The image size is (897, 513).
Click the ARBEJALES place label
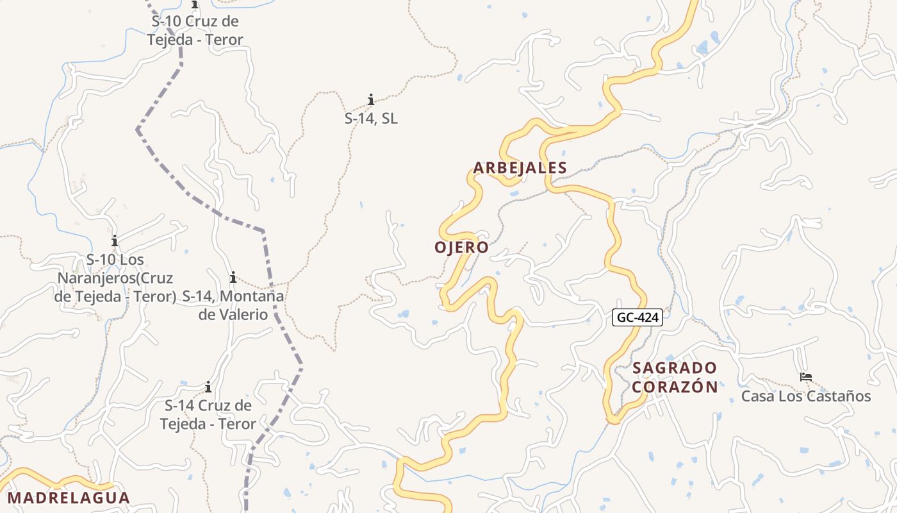coord(520,168)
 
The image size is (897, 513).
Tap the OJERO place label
coord(461,248)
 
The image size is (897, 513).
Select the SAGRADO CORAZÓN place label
coord(675,377)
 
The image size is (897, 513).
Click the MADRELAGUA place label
coord(69,498)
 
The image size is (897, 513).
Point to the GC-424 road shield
coord(637,317)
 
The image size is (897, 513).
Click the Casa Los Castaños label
coord(806,396)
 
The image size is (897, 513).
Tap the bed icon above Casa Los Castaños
coord(806,377)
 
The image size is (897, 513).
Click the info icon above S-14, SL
coord(371,99)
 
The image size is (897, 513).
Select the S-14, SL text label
coord(371,119)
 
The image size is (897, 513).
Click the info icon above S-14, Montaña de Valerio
coord(233,278)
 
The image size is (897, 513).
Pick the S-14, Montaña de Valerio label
coord(233,305)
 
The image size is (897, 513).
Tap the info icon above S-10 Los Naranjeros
coord(115,241)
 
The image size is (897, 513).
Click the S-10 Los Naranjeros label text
coord(115,278)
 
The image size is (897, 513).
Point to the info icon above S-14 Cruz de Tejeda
coord(208,387)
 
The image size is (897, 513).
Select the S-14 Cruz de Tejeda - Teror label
coord(208,415)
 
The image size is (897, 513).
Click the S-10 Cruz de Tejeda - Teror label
coord(195,30)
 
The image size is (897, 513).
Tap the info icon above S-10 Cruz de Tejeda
coord(195,5)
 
